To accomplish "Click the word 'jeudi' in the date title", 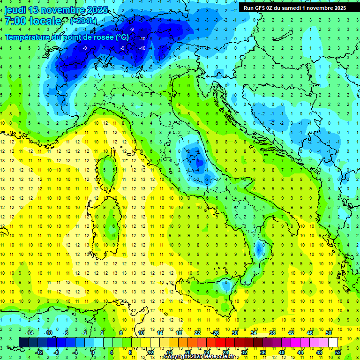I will click(x=15, y=10).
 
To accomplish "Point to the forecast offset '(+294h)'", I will click(x=83, y=21).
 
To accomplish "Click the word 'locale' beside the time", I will click(x=45, y=21).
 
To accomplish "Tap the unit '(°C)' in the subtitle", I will click(x=121, y=37).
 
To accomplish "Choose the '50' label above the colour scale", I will click(x=328, y=332).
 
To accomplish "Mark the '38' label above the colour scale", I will click(x=272, y=332).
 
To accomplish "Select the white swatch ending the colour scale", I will click(x=333, y=342).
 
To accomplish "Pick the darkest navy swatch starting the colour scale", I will click(x=23, y=342).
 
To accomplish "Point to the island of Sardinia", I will click(x=110, y=220).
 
